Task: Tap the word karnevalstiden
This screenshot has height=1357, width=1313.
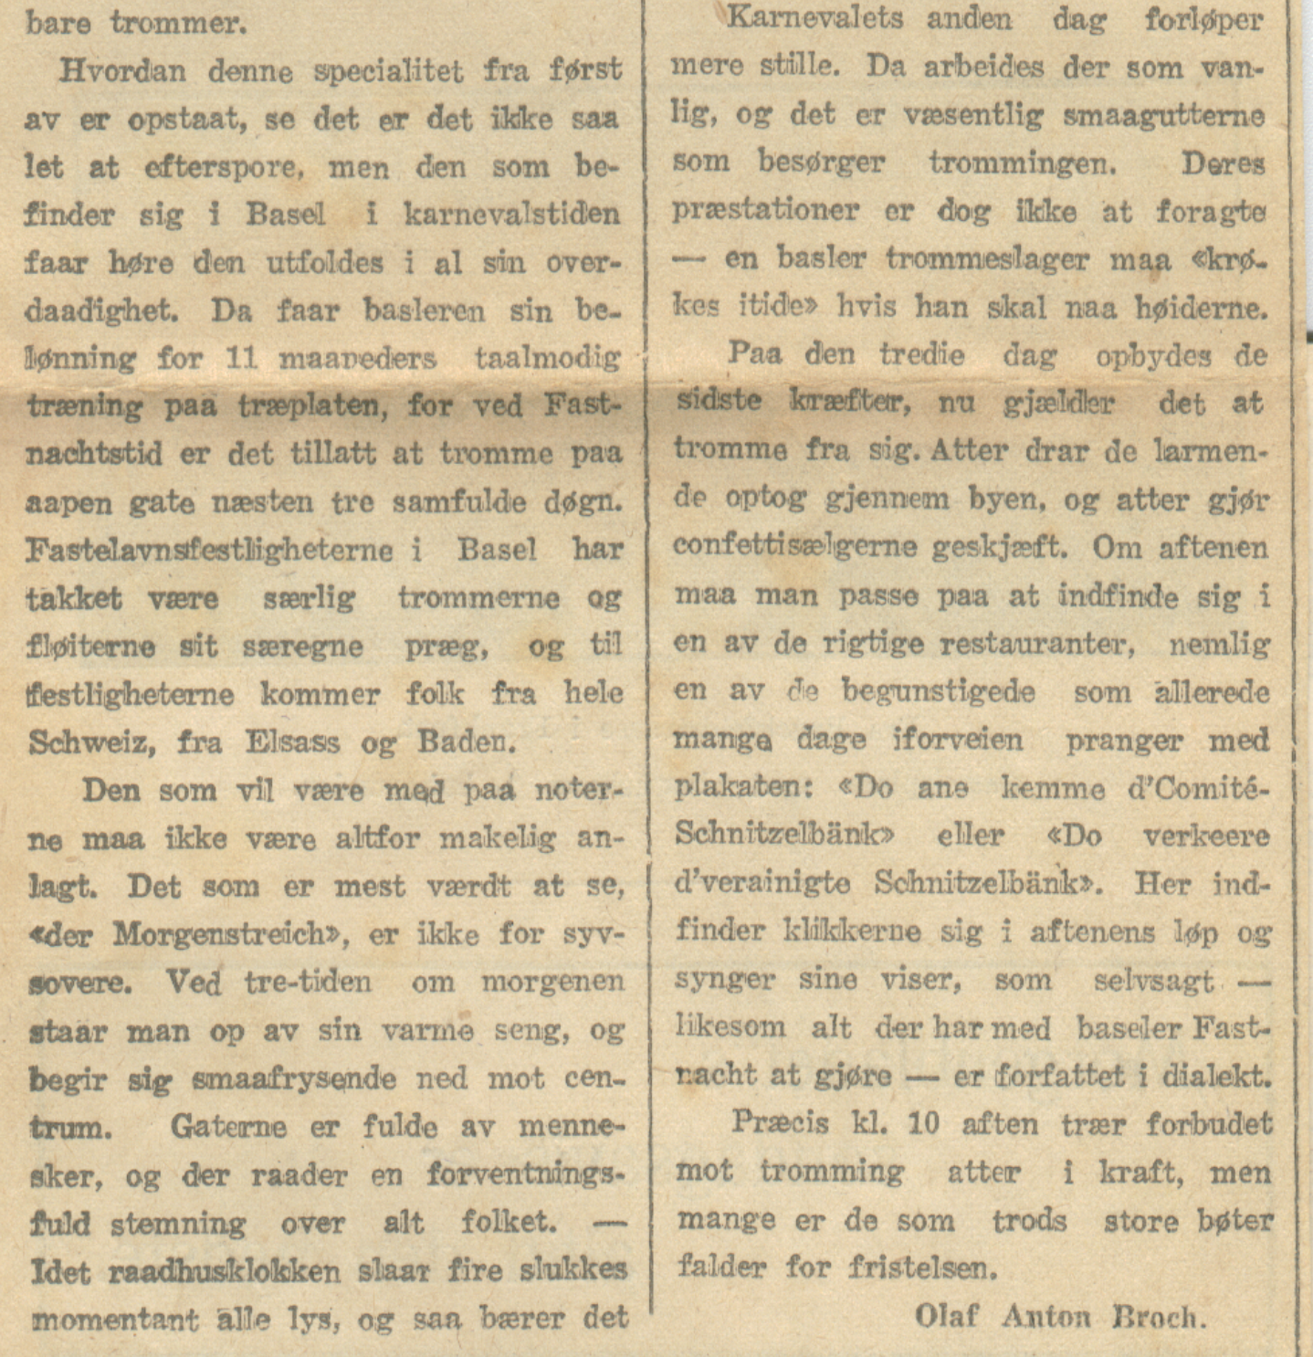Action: pos(511,215)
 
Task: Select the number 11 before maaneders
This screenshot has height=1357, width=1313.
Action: pos(241,357)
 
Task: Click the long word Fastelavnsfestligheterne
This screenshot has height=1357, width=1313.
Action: pos(209,551)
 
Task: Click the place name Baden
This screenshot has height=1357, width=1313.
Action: pos(466,742)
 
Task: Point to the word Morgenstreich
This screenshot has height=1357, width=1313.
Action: pos(219,934)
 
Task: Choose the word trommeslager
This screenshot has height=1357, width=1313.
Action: pos(987,259)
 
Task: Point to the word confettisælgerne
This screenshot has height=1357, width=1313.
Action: pos(794,547)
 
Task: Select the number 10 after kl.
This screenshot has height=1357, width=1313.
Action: pos(923,1123)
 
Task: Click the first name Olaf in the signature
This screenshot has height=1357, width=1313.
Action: pos(946,1316)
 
